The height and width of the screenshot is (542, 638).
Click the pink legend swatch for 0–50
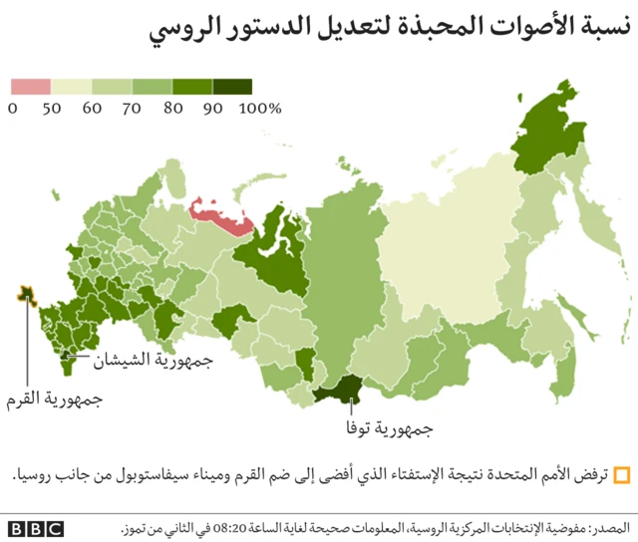30,87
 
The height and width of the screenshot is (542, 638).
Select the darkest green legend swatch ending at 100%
231,87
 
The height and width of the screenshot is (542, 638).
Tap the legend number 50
51,108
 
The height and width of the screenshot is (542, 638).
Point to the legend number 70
132,108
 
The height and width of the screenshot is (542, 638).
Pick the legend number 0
13,108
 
